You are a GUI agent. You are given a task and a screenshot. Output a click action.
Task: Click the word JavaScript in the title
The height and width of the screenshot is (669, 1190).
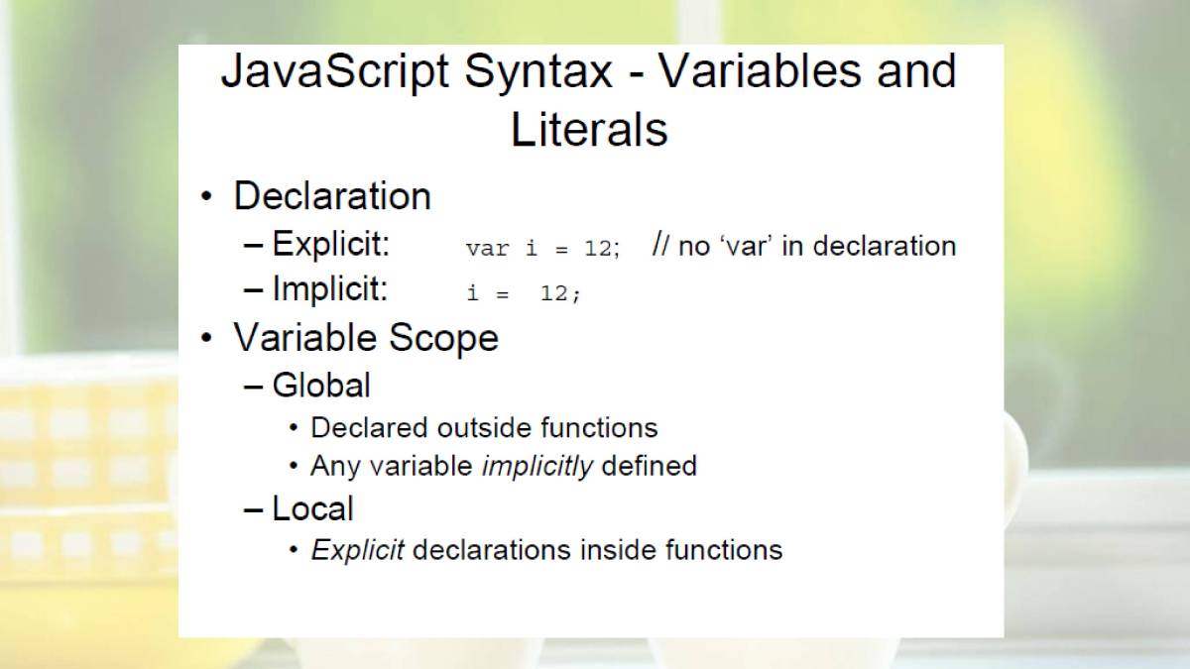coord(335,72)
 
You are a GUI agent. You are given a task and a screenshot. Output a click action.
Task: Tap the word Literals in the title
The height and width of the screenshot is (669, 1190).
coord(589,130)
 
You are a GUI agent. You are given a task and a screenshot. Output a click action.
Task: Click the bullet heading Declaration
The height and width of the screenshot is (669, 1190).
coord(332,196)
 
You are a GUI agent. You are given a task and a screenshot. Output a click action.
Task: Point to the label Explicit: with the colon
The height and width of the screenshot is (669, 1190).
coord(331,245)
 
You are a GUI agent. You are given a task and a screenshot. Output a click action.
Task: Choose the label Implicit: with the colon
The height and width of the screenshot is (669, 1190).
coord(330,289)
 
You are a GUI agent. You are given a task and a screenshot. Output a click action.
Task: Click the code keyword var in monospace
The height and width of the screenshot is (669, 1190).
coord(487,249)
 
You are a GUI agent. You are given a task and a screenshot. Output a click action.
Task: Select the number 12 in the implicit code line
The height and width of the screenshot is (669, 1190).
coord(554,293)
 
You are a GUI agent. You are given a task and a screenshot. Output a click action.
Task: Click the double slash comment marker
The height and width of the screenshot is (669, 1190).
coord(660,245)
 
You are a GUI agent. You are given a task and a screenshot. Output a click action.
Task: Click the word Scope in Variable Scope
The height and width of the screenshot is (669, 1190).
coord(443,339)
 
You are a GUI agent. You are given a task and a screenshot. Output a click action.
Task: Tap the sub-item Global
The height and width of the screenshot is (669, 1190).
coord(321,385)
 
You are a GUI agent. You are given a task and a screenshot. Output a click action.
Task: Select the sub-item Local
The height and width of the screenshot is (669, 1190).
coord(313,508)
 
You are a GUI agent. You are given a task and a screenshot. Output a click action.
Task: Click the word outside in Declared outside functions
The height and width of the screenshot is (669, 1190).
coord(484,428)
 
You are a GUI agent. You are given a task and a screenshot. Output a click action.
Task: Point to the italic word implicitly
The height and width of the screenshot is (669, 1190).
coord(536,467)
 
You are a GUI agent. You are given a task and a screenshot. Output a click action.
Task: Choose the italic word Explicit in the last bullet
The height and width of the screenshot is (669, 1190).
coord(358,550)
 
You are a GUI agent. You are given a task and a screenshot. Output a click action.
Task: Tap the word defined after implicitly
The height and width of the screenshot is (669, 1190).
coord(650,466)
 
